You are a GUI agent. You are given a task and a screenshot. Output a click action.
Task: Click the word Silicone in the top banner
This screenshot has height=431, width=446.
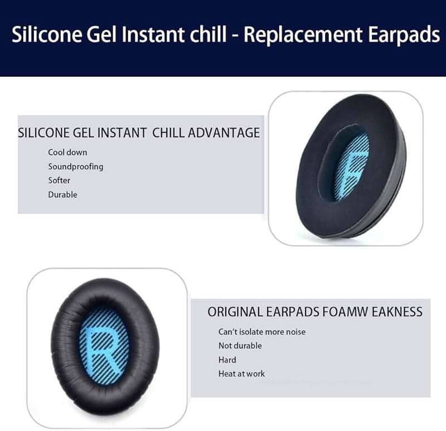pyautogui.click(x=44, y=35)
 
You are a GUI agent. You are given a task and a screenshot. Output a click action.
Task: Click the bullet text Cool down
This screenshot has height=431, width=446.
pyautogui.click(x=67, y=152)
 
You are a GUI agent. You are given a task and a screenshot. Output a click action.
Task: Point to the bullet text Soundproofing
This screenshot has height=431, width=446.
pyautogui.click(x=75, y=166)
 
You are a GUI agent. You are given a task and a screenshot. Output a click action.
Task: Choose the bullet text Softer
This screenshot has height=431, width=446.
pyautogui.click(x=59, y=180)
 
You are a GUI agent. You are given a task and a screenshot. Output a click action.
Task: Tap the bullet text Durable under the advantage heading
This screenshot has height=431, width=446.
pyautogui.click(x=62, y=194)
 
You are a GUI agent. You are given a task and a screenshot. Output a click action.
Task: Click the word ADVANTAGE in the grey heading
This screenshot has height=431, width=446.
pyautogui.click(x=224, y=133)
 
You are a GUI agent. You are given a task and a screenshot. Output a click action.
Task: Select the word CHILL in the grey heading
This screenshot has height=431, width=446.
pyautogui.click(x=169, y=133)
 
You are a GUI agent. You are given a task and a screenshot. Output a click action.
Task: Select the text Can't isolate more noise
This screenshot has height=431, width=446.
pyautogui.click(x=261, y=332)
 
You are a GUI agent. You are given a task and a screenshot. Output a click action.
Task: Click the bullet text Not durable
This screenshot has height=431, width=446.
pyautogui.click(x=240, y=346)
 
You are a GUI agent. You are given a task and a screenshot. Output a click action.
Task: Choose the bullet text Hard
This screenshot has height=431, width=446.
pyautogui.click(x=227, y=360)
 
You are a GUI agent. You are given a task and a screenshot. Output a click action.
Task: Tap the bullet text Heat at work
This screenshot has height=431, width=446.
pyautogui.click(x=241, y=374)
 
